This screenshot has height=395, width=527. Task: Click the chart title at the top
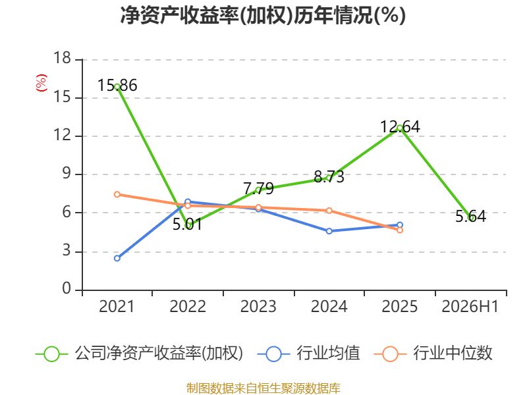[263, 15]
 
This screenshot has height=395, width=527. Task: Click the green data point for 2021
[117, 87]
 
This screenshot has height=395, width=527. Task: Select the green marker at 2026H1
[471, 218]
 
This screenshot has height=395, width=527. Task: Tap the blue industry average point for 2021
[117, 258]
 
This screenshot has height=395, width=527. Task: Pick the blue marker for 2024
[329, 231]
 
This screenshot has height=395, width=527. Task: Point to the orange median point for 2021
[117, 194]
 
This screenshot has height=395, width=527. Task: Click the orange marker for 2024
[329, 211]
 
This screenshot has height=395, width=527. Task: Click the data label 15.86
[117, 86]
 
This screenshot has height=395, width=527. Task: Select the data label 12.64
[400, 127]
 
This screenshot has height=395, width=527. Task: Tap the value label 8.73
[329, 176]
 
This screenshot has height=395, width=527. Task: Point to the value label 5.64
[470, 217]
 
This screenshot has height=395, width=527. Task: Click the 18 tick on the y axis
[62, 58]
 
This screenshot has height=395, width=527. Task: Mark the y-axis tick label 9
[67, 174]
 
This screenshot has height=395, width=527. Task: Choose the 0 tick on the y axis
[67, 289]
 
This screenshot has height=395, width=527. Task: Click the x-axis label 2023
[258, 307]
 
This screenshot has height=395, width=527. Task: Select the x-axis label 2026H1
[470, 307]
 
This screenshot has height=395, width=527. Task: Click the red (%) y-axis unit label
[42, 83]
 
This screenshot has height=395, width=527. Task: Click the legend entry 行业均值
[309, 354]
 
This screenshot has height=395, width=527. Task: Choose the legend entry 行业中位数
[433, 354]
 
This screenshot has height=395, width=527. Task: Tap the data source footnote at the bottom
[263, 388]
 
